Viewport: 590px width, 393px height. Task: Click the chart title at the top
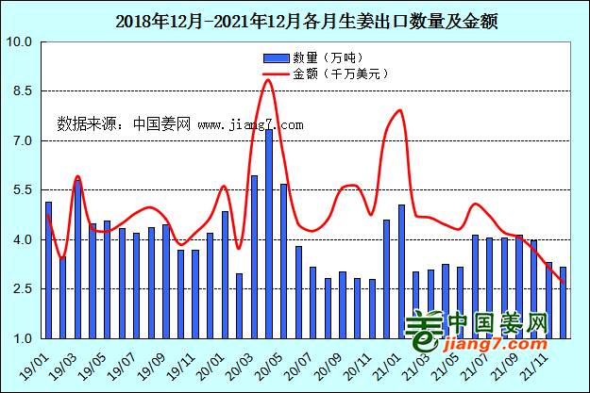point(295,19)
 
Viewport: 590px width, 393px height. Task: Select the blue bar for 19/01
point(48,270)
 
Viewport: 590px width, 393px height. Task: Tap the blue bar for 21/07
point(475,287)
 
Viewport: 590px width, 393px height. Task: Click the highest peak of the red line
point(268,80)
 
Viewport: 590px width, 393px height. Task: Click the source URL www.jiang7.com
point(250,124)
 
